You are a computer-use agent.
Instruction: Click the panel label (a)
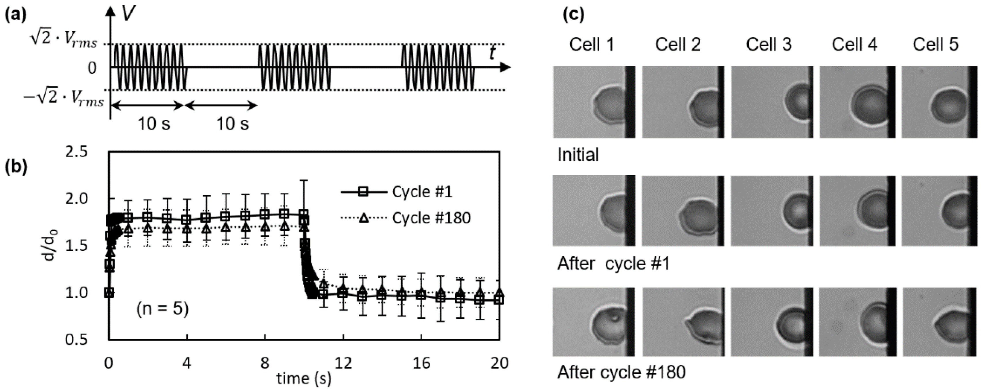pyautogui.click(x=16, y=16)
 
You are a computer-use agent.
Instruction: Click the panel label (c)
pyautogui.click(x=573, y=16)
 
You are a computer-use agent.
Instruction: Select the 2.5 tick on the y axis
pyautogui.click(x=76, y=152)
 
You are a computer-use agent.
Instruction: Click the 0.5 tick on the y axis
pyautogui.click(x=76, y=339)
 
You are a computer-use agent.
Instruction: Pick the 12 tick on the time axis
pyautogui.click(x=343, y=364)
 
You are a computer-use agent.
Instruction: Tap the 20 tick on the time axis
pyautogui.click(x=499, y=364)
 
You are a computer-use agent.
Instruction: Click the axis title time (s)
pyautogui.click(x=303, y=379)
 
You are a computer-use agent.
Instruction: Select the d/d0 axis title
pyautogui.click(x=49, y=246)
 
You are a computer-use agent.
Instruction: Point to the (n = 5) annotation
pyautogui.click(x=163, y=309)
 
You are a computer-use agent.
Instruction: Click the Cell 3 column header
pyautogui.click(x=769, y=45)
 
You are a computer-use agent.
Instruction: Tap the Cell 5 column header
pyautogui.click(x=935, y=45)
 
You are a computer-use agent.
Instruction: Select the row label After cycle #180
pyautogui.click(x=621, y=372)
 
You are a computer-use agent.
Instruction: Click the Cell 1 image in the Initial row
pyautogui.click(x=594, y=102)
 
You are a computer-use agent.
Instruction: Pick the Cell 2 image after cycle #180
pyautogui.click(x=683, y=322)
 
